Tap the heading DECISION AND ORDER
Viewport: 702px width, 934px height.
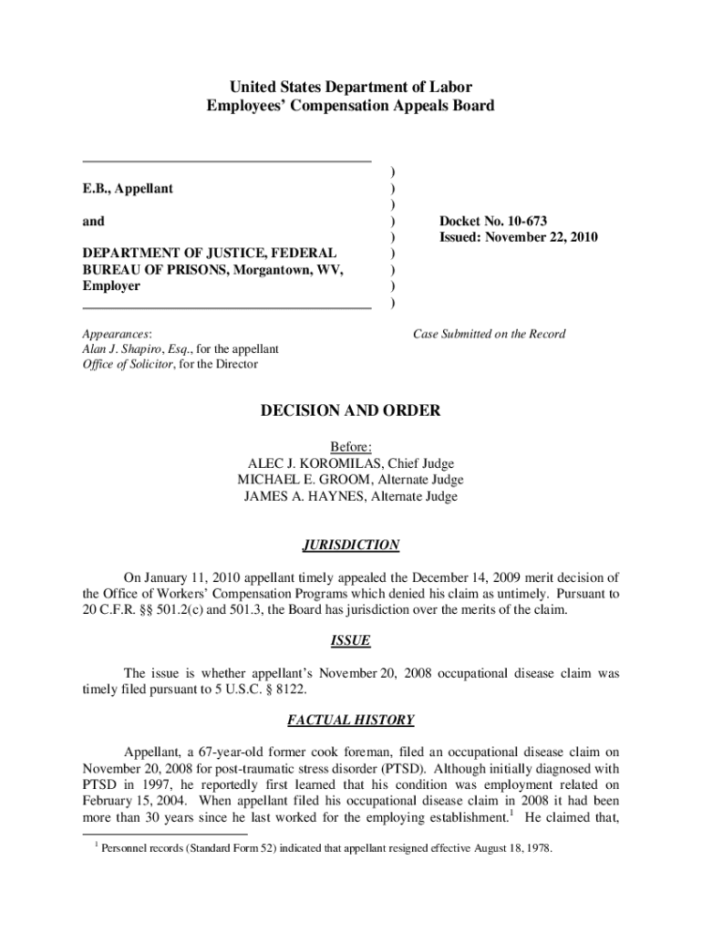351,411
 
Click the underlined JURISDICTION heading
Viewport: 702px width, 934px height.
351,545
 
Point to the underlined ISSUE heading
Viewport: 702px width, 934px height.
351,641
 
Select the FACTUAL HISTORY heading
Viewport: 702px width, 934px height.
351,721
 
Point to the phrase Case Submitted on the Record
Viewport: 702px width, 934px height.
489,334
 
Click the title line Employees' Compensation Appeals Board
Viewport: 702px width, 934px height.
351,106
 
